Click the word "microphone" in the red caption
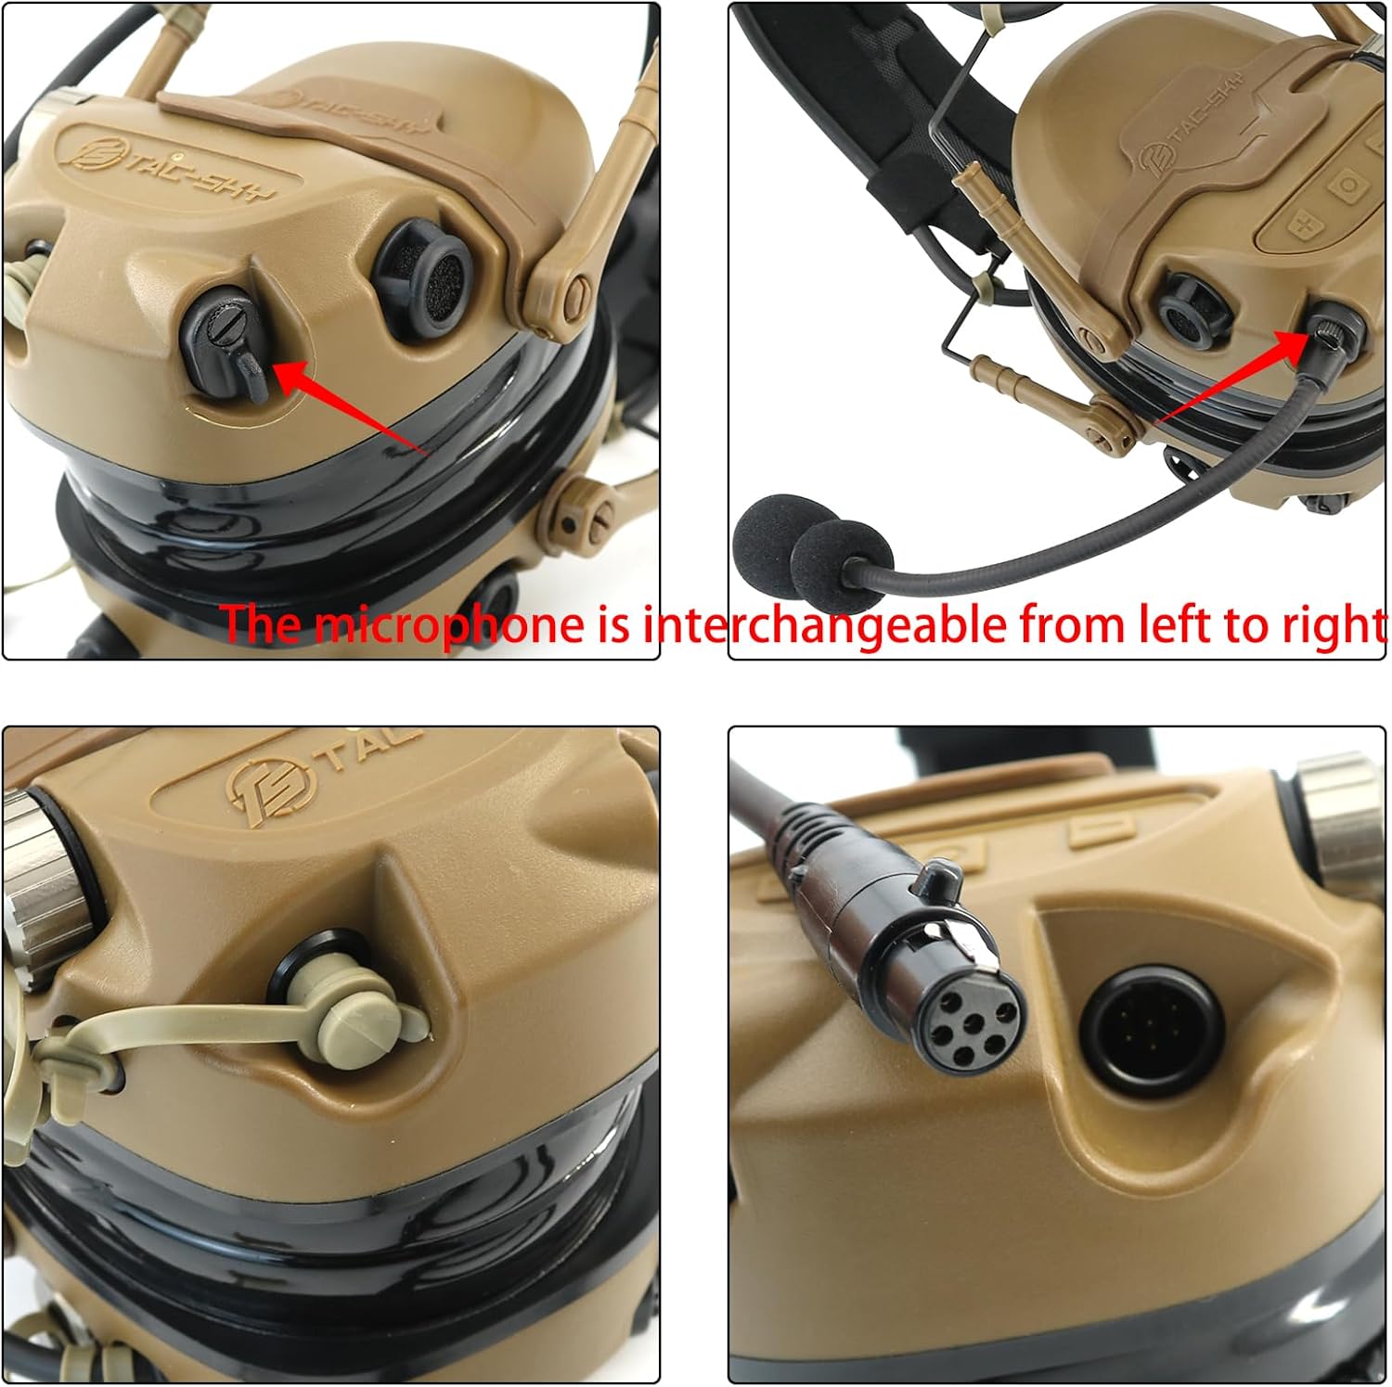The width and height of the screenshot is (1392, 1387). (x=450, y=623)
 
